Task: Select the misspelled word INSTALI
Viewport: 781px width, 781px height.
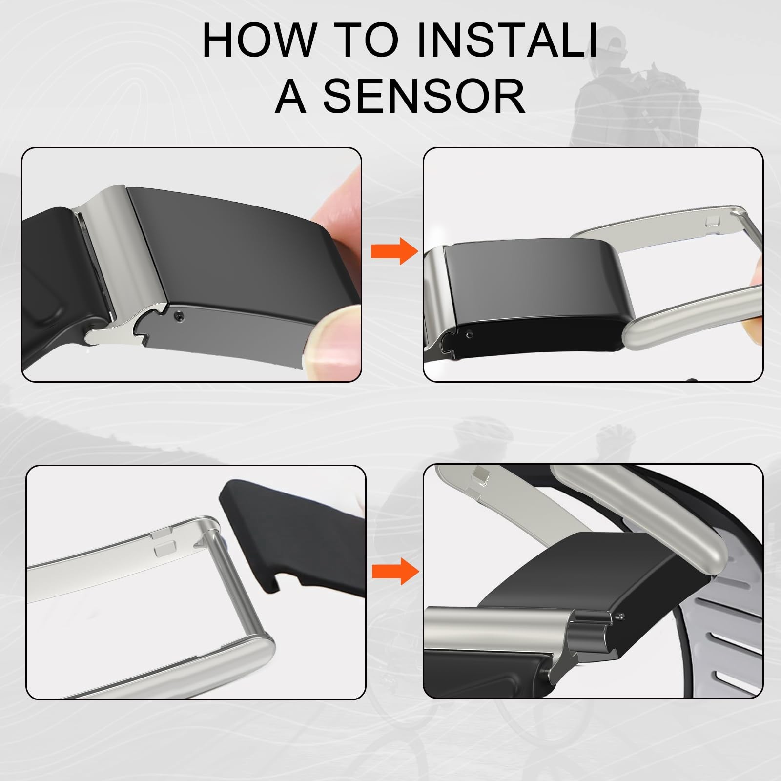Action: click(508, 40)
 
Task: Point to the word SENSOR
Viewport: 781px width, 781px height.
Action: click(424, 96)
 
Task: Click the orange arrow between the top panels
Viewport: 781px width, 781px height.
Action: click(394, 251)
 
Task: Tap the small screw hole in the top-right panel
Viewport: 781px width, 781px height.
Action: click(469, 335)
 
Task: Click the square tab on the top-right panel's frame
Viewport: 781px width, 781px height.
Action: click(714, 222)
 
